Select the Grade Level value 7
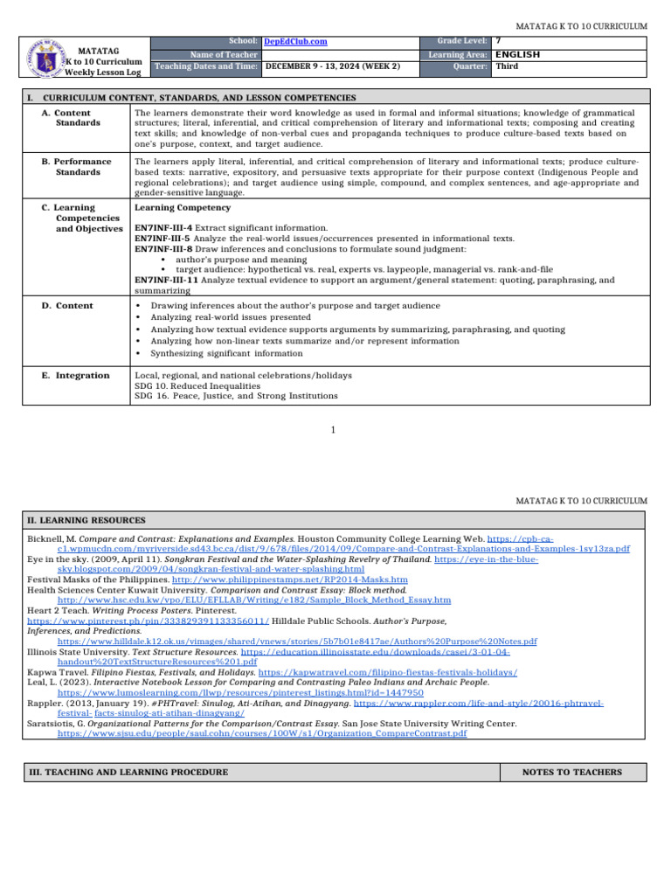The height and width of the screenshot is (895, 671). pos(498,41)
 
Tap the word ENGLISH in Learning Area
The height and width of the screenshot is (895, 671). pos(517,54)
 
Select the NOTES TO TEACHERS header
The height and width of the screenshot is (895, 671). pos(571,772)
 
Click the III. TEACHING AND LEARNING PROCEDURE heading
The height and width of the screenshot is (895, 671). pos(128,772)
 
